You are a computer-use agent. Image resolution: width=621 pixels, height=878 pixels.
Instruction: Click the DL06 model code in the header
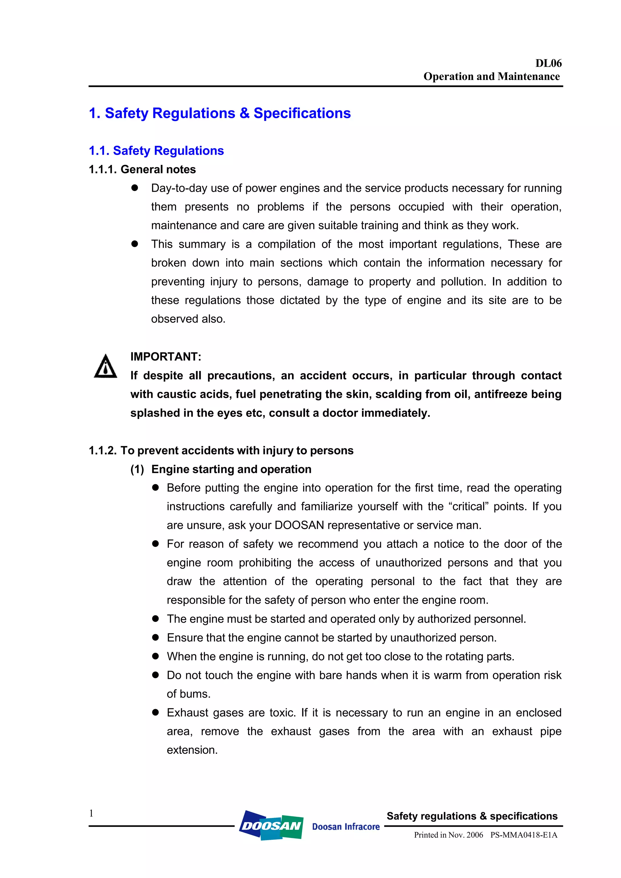(548, 63)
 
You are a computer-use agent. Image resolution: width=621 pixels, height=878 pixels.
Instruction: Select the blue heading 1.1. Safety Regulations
(156, 151)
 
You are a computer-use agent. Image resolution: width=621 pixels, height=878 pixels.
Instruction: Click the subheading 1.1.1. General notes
(142, 169)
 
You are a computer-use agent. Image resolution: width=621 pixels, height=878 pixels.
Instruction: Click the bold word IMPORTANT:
(166, 357)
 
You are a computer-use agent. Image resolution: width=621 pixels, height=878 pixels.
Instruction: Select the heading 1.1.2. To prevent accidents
(221, 451)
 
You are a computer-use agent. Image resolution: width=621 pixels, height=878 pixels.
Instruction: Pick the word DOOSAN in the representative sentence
(299, 525)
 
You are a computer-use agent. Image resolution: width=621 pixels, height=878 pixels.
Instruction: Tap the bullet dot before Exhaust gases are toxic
(155, 712)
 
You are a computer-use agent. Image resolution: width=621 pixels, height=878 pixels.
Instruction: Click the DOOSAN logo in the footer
(271, 826)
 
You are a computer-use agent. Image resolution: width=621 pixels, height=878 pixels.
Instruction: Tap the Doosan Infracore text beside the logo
(346, 827)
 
